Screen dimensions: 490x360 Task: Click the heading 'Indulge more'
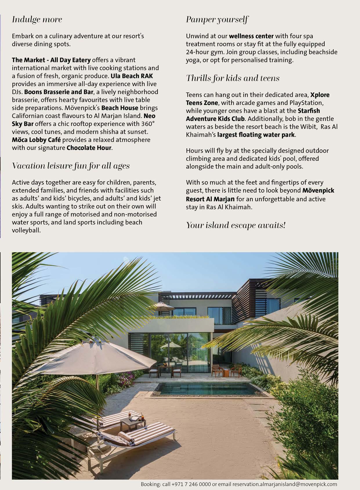click(x=37, y=20)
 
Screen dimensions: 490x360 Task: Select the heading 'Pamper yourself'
click(x=217, y=20)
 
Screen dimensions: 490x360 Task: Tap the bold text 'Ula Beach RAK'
click(x=132, y=76)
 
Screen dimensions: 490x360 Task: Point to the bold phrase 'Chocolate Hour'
click(x=89, y=148)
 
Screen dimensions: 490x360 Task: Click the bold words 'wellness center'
click(x=251, y=36)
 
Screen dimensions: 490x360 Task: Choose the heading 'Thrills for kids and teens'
click(x=233, y=78)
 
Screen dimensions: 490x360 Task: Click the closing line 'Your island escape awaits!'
click(x=236, y=225)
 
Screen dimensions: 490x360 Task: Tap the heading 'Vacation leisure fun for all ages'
click(x=71, y=166)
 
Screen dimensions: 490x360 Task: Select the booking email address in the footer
click(x=285, y=484)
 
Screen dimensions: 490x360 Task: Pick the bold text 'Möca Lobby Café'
click(x=36, y=140)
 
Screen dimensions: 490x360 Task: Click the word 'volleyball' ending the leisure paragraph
click(x=25, y=230)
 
